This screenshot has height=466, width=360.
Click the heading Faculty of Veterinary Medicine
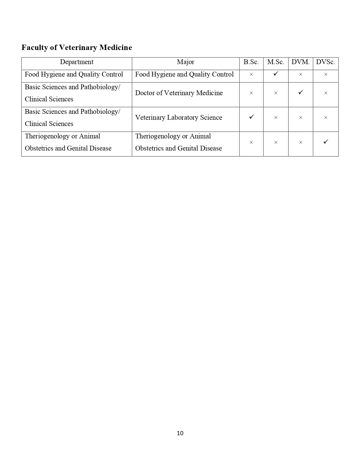[77, 47]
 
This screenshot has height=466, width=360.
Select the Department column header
[77, 62]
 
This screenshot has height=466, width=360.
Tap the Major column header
[186, 62]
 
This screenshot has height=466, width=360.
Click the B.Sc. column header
[251, 62]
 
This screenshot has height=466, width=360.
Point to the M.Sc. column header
[276, 62]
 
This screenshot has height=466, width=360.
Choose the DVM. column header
[300, 62]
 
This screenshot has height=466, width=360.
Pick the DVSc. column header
[326, 62]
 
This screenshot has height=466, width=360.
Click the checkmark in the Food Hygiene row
[276, 74]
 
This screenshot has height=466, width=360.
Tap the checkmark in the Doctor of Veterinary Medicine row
[301, 92]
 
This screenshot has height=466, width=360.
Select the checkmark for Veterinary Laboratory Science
[251, 117]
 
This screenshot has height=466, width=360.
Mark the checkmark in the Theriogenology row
[326, 141]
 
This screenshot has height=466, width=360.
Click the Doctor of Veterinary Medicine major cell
[179, 93]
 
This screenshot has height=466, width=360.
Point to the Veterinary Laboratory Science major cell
[178, 117]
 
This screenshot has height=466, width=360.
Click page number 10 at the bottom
[180, 433]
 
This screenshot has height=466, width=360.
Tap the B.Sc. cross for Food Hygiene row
[251, 75]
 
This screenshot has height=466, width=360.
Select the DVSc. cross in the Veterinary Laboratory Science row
[326, 117]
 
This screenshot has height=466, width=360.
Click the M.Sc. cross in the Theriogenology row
[276, 143]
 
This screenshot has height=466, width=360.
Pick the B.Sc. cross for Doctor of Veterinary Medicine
[251, 93]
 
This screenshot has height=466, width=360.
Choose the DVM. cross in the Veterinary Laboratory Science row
[300, 117]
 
